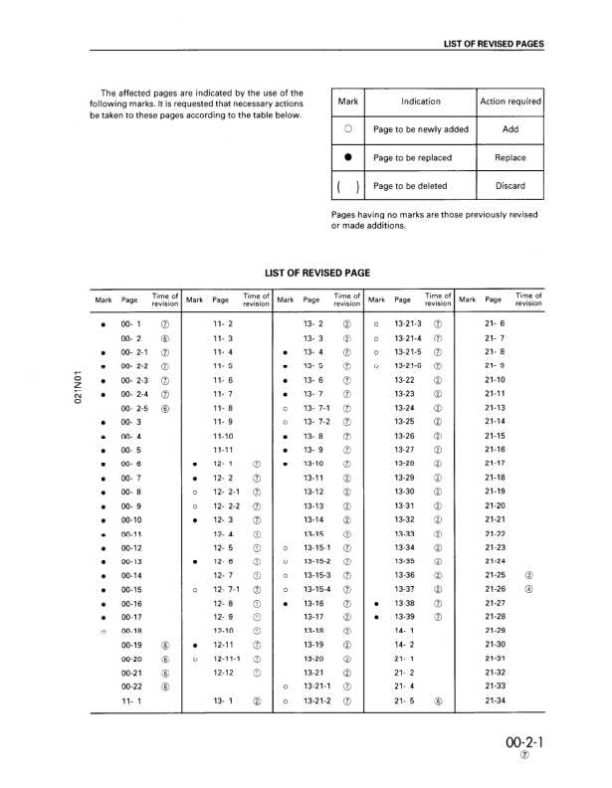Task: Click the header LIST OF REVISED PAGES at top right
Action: (494, 44)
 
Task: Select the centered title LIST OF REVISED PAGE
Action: (319, 272)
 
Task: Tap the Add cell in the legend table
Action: (510, 129)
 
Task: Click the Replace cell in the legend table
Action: (510, 157)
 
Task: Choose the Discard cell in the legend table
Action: (510, 186)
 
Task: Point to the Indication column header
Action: (420, 101)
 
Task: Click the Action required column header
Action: (510, 101)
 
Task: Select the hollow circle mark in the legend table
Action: (348, 129)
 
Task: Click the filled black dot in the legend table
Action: (348, 157)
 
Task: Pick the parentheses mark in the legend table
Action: (348, 186)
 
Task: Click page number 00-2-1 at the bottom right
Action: (524, 742)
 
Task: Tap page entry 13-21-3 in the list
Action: (408, 323)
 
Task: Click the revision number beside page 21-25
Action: (528, 574)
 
